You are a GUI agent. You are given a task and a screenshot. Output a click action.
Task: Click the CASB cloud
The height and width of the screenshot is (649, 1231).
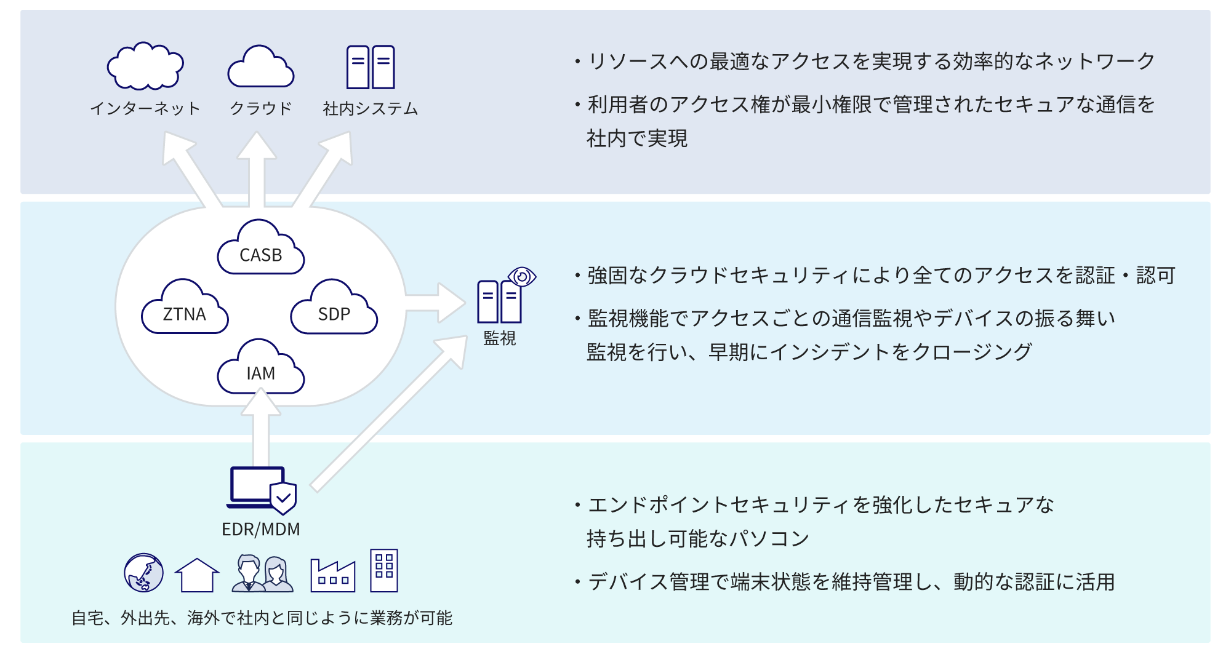coord(261,250)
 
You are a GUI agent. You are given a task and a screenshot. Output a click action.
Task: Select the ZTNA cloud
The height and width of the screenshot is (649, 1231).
coord(185,309)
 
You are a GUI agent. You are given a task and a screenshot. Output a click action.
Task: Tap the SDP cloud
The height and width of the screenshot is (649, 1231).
coord(334,309)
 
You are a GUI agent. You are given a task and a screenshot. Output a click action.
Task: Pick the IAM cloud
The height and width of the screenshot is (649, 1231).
coord(261,369)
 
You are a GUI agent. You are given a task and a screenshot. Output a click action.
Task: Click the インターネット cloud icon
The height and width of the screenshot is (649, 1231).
coord(145,66)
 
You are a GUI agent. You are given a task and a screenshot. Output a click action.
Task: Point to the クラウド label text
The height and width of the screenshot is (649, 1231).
coord(261,109)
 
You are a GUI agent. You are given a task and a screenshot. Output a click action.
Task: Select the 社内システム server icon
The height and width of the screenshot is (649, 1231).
coord(371,67)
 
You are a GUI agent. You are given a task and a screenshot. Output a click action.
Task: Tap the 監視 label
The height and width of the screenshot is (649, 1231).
coord(499,338)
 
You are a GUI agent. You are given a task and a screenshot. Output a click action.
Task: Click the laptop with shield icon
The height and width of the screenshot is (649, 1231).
coord(262,490)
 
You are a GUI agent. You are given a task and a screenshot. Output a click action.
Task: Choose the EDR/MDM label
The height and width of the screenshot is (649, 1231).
coord(261,530)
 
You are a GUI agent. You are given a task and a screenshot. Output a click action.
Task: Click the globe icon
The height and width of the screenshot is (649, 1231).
coord(143,573)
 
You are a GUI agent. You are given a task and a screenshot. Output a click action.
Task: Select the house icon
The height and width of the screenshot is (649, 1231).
coord(197,575)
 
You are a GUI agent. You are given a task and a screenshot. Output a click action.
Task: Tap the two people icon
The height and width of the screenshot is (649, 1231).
coord(263,574)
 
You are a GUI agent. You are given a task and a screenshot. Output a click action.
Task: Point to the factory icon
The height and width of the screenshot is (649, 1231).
coord(333,576)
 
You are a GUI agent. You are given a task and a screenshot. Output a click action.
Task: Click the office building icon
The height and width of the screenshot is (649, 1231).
coord(384,571)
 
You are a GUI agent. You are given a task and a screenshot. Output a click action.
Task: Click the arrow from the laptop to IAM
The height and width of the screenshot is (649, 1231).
coord(261,431)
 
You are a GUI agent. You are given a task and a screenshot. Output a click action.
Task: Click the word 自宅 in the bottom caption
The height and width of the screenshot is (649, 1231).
coord(87,618)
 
